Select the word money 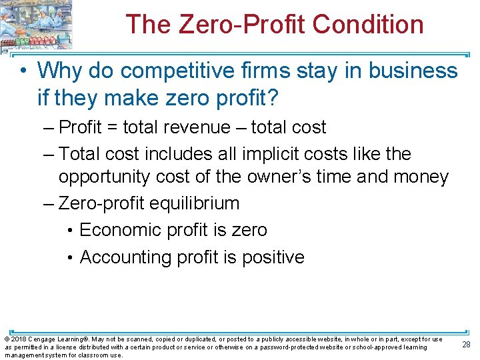click(421, 177)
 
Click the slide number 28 click(466, 345)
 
